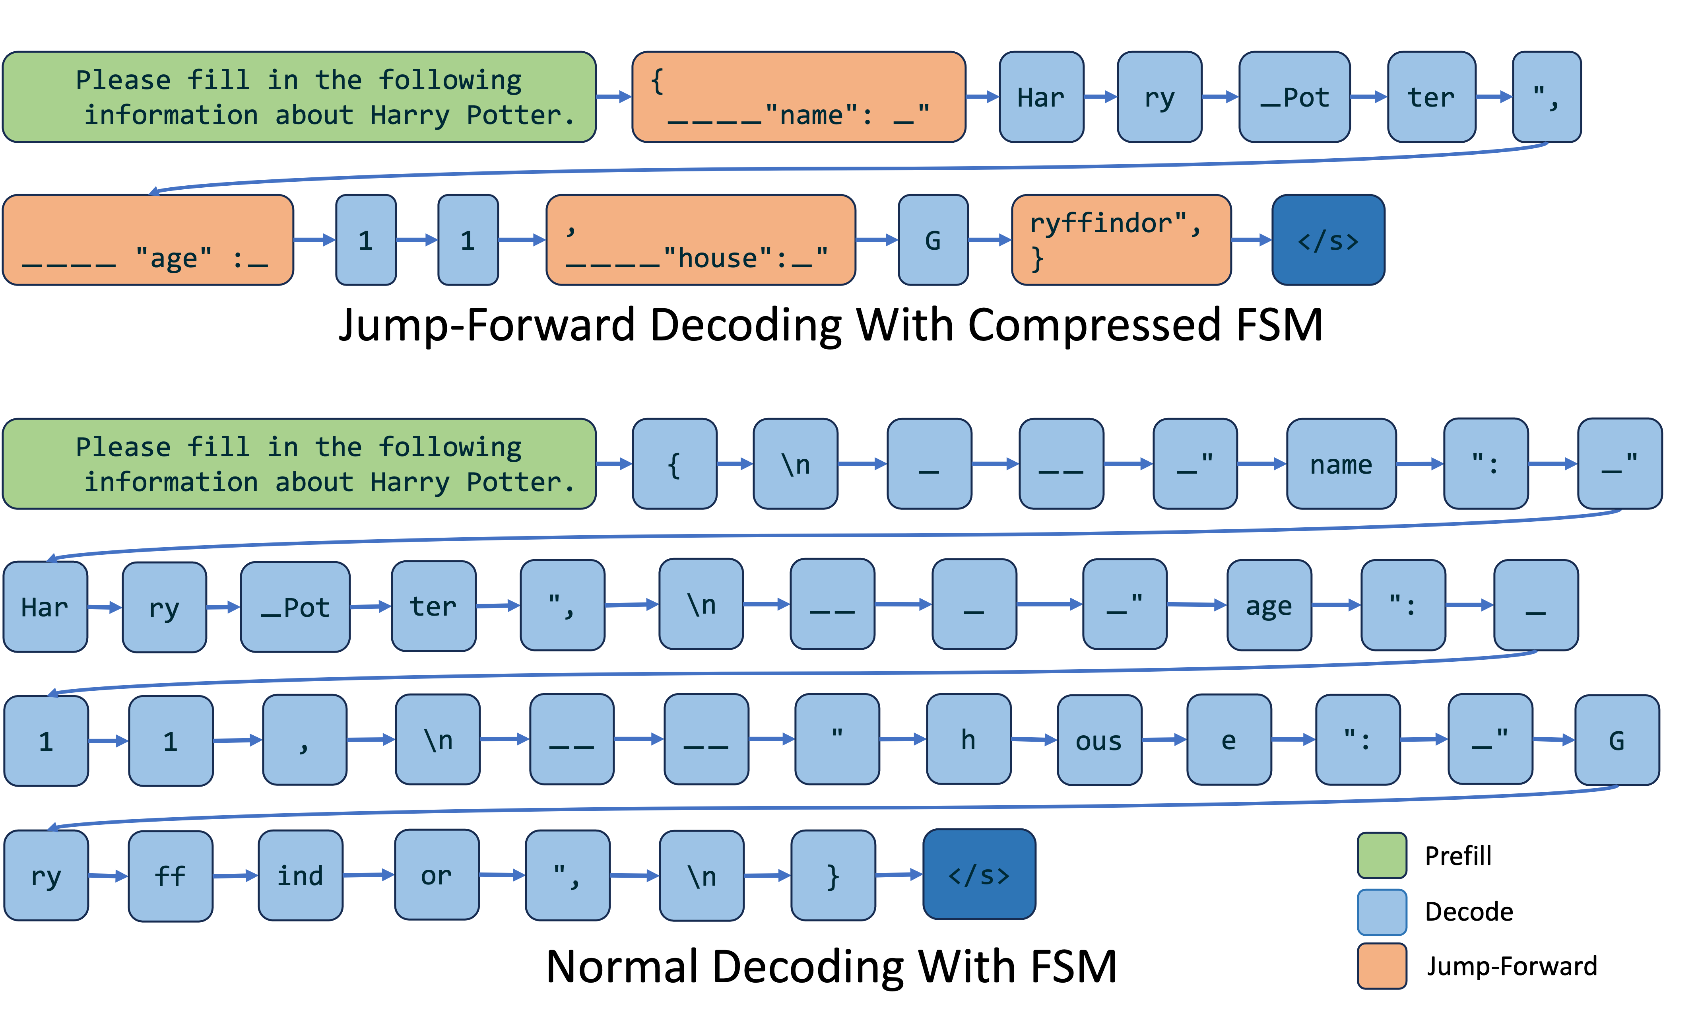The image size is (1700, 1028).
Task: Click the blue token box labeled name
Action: click(x=1341, y=464)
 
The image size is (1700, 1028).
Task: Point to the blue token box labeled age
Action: click(x=1269, y=605)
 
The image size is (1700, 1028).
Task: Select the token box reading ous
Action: click(x=1098, y=740)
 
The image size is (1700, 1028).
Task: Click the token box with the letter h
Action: click(x=968, y=740)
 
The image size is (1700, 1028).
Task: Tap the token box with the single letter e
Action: click(x=1229, y=740)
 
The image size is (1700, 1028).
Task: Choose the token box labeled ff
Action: click(x=171, y=876)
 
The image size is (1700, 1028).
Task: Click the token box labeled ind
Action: click(x=300, y=876)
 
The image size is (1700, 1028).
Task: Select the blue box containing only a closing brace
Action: click(x=833, y=876)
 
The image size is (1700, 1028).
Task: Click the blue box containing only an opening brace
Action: click(x=674, y=464)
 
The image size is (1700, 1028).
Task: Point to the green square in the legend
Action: click(x=1382, y=855)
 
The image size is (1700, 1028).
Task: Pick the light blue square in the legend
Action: click(x=1382, y=911)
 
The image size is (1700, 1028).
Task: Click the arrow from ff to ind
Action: click(x=235, y=876)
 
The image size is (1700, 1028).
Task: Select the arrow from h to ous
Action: click(x=1034, y=740)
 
